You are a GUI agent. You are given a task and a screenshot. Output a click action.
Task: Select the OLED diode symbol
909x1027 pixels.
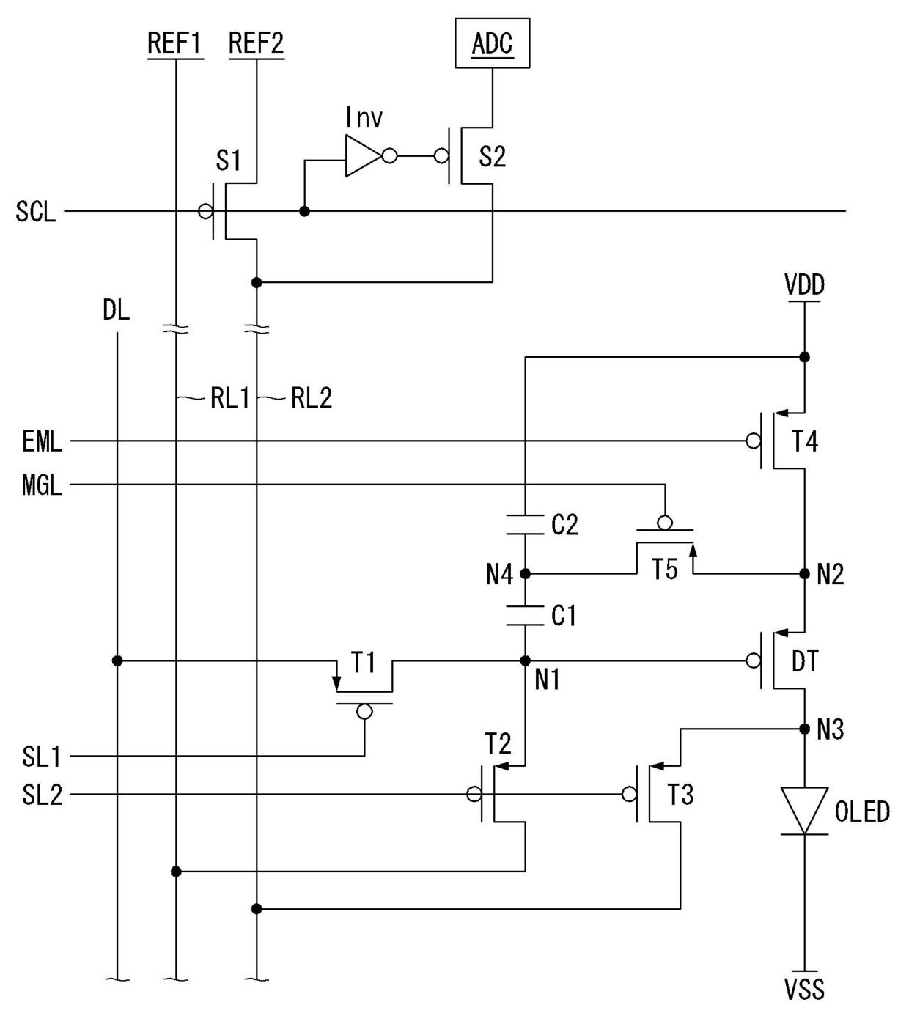[x=804, y=810]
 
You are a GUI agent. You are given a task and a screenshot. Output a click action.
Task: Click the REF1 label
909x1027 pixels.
[x=175, y=43]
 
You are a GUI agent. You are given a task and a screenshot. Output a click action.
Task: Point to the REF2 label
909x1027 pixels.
[x=256, y=43]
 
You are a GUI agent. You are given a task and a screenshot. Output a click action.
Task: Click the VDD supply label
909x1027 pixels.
[x=804, y=284]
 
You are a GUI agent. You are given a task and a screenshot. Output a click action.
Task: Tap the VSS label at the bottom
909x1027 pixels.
[x=804, y=989]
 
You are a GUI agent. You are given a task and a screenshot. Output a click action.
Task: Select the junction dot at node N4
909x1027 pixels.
[x=525, y=573]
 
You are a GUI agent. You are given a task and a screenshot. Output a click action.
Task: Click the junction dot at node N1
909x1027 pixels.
[x=525, y=660]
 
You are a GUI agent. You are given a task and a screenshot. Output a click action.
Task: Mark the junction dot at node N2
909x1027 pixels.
[x=804, y=573]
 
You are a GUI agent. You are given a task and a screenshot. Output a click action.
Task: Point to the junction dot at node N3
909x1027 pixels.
[x=804, y=729]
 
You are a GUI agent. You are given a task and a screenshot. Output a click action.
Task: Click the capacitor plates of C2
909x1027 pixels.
[x=525, y=525]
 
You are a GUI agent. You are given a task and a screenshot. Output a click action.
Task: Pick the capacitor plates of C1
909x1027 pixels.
[x=525, y=615]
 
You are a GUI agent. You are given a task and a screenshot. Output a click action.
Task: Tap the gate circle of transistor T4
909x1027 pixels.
[x=754, y=441]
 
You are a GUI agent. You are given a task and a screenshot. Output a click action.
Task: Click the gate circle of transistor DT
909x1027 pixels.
[x=754, y=660]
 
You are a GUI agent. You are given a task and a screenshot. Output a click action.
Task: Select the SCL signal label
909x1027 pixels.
[x=35, y=211]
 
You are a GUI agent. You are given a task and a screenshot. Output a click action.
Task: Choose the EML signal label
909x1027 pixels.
[x=42, y=441]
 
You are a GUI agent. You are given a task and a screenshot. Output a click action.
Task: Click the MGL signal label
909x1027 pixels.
[x=42, y=485]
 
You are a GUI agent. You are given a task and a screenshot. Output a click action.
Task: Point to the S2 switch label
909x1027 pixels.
[x=493, y=156]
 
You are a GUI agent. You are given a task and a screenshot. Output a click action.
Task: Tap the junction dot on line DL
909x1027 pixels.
[x=117, y=660]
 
